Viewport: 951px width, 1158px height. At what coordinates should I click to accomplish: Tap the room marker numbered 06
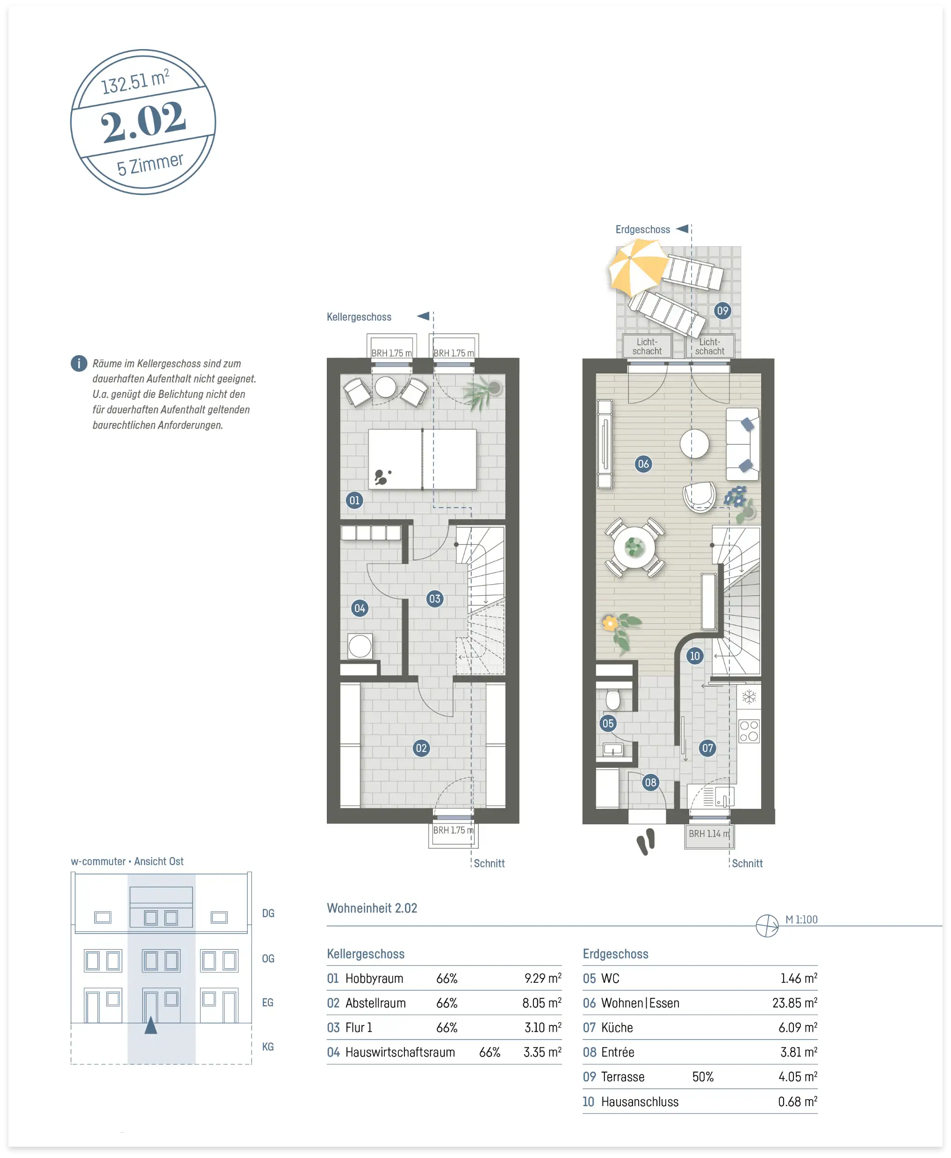[643, 464]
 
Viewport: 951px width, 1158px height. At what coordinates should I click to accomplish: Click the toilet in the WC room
[613, 699]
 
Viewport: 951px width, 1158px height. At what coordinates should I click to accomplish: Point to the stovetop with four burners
[749, 730]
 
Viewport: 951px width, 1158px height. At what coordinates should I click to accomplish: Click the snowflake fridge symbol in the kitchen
[749, 696]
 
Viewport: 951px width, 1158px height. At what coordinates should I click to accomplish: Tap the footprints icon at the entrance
[646, 842]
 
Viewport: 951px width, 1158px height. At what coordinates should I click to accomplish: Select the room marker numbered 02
[421, 748]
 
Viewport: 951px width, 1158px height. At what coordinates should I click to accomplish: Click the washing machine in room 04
[360, 646]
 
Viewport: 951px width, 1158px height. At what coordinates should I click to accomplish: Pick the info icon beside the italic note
[79, 363]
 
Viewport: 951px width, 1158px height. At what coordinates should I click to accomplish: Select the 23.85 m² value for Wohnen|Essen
[794, 1002]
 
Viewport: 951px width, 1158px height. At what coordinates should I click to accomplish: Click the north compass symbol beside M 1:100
[767, 926]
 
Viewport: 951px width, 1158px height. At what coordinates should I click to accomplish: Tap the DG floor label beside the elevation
[268, 913]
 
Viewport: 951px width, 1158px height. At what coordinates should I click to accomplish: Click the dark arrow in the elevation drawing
[151, 1024]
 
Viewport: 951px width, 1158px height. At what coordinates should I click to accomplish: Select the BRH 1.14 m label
[709, 833]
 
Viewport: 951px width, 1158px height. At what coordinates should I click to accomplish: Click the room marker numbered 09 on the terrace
[722, 311]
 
